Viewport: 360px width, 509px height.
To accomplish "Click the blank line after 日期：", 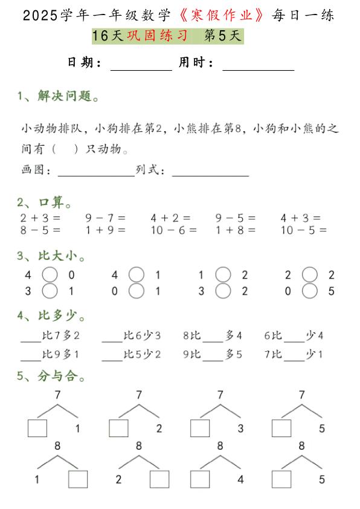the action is (141, 67).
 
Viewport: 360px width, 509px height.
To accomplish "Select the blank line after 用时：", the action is (258, 67).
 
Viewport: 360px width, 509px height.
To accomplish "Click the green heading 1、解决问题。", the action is (59, 96).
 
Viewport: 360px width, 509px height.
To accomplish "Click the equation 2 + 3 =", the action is (40, 218).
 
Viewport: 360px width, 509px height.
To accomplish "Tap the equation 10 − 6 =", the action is (174, 230).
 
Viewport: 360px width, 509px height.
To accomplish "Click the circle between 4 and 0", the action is (50, 275).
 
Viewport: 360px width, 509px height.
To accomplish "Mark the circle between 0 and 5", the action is (310, 291).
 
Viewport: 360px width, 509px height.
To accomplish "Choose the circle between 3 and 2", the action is (223, 291).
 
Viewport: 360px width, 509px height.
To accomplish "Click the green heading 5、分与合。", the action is (51, 377).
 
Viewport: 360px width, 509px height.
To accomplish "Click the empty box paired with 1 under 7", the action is (37, 428).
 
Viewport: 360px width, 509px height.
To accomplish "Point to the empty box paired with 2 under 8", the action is (159, 479).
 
